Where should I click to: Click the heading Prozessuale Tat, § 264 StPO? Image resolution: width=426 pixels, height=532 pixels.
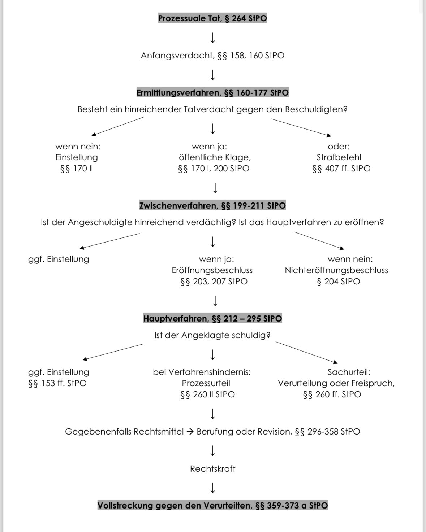[x=212, y=18]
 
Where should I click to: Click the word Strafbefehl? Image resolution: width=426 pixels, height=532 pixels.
[x=339, y=157]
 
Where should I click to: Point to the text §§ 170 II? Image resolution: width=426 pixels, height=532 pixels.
[x=77, y=169]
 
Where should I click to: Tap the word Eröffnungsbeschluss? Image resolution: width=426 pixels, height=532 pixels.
[x=212, y=270]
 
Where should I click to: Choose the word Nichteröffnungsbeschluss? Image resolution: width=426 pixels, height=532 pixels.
[x=336, y=270]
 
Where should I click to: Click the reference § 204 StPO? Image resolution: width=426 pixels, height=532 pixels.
[x=338, y=282]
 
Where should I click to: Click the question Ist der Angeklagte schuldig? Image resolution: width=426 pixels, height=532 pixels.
[x=212, y=335]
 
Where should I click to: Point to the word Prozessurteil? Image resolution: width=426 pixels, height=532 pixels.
[x=206, y=383]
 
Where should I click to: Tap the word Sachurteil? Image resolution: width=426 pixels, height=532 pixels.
[x=349, y=372]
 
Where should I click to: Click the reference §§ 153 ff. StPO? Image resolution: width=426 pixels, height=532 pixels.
[x=57, y=383]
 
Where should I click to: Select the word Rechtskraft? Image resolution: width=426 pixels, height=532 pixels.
[x=212, y=469]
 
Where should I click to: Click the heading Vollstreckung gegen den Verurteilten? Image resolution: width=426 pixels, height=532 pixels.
[x=212, y=506]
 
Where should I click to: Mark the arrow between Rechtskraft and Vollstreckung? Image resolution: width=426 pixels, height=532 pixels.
[x=213, y=488]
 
